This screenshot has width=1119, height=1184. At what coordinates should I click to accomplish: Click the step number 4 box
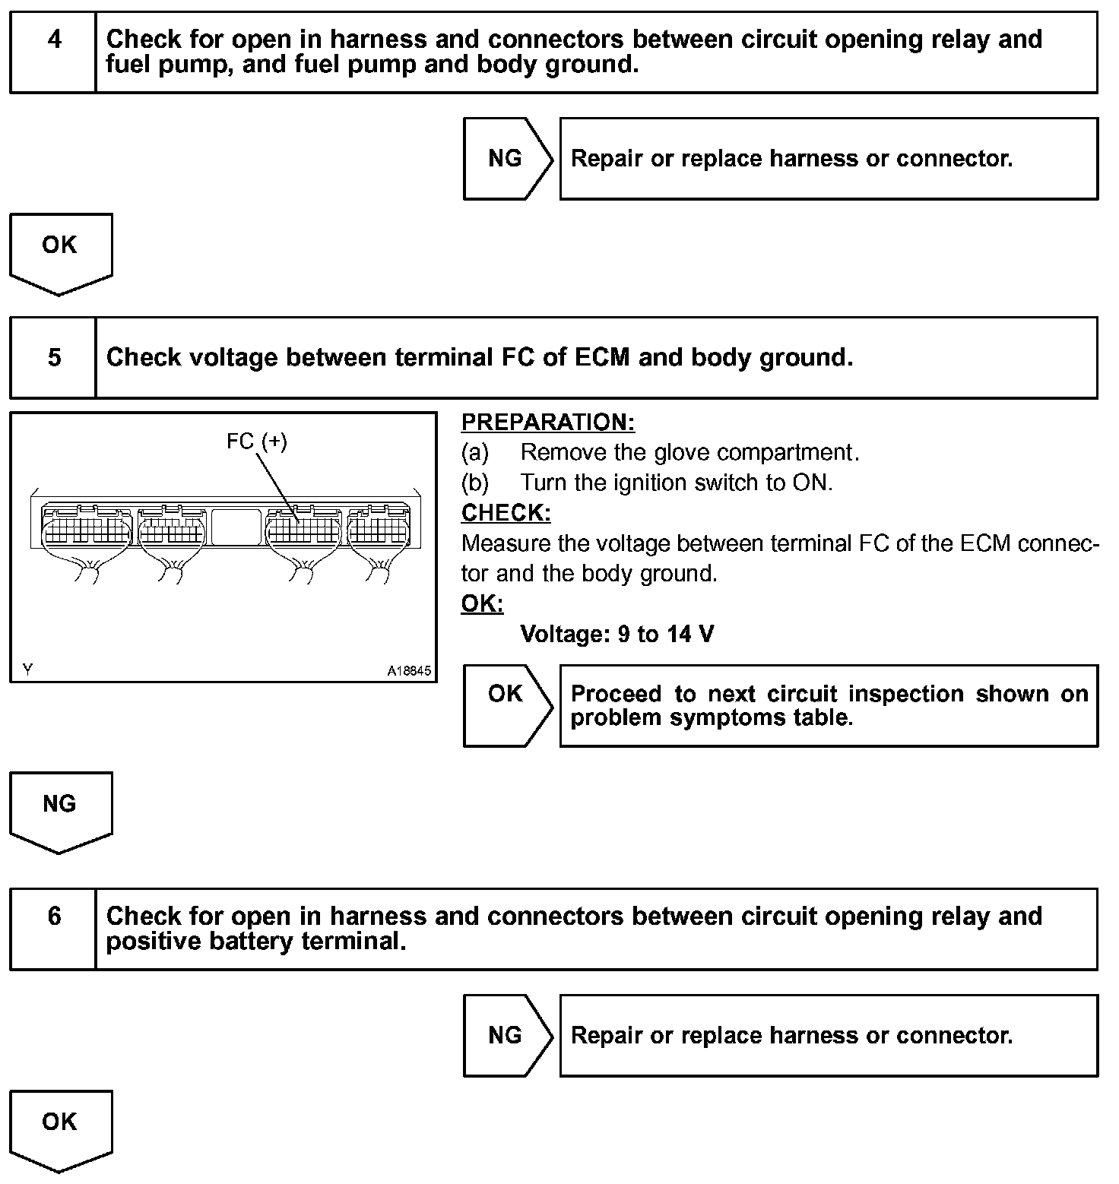[x=53, y=52]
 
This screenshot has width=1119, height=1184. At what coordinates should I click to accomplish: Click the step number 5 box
[x=53, y=357]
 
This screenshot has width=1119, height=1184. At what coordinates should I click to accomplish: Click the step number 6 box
[x=53, y=929]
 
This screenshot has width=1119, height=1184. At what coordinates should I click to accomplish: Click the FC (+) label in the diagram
[x=257, y=442]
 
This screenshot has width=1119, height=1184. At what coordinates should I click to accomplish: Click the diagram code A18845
[x=409, y=671]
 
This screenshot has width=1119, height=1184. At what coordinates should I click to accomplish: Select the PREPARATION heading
[x=547, y=423]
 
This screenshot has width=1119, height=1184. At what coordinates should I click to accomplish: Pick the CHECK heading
[x=506, y=513]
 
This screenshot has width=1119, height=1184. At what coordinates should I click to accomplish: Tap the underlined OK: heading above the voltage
[x=482, y=603]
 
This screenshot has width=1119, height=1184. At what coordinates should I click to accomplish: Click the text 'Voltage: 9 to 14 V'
[x=617, y=634]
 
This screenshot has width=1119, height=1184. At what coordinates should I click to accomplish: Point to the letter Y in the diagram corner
[x=28, y=670]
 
